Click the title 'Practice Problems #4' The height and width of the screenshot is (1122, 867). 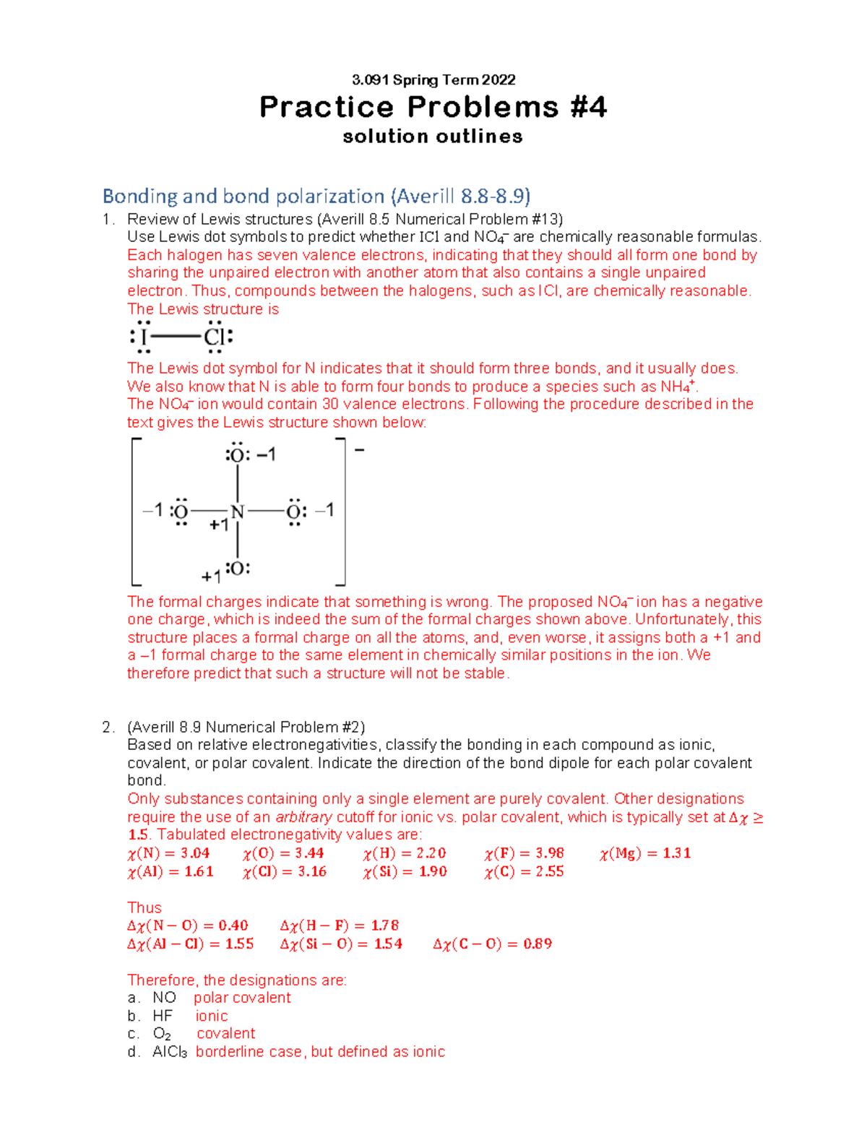pos(433,107)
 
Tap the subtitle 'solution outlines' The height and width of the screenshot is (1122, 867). pos(433,137)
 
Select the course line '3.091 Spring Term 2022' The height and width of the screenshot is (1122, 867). pos(433,79)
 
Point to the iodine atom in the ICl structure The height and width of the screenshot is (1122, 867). pos(144,337)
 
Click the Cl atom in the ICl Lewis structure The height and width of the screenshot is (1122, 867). pos(215,337)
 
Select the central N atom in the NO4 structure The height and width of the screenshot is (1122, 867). pos(238,512)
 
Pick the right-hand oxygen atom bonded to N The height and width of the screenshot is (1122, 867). pos(294,512)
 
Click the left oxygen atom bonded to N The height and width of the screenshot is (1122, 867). pos(181,512)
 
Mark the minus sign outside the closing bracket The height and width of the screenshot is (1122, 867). pos(359,450)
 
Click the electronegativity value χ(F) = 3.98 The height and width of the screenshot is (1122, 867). pos(524,853)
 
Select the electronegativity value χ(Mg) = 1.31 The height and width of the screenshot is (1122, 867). pos(644,853)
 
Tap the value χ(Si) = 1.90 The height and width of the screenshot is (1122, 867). pos(405,871)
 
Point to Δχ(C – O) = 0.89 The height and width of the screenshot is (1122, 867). pos(492,944)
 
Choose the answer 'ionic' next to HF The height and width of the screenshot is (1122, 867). pos(212,1016)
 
